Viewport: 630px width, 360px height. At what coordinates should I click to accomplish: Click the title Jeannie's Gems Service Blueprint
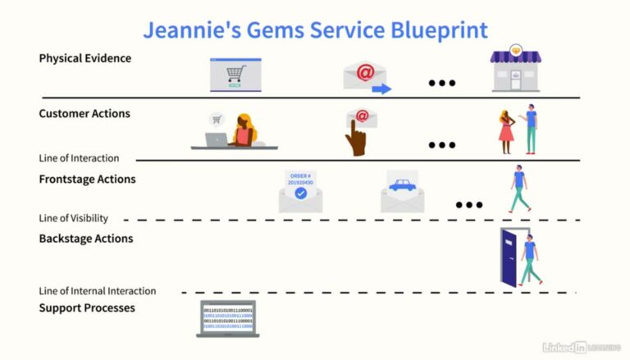pyautogui.click(x=315, y=30)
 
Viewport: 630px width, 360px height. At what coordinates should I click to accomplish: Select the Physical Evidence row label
pyautogui.click(x=85, y=58)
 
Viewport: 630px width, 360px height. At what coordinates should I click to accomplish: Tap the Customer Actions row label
pyautogui.click(x=84, y=114)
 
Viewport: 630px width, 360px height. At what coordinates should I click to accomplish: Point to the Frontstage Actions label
pyautogui.click(x=88, y=179)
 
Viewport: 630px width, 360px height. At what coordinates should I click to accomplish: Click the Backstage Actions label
pyautogui.click(x=86, y=239)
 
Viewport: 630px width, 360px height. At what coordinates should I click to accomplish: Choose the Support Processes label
pyautogui.click(x=87, y=308)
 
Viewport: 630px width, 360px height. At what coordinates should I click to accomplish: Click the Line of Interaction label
pyautogui.click(x=79, y=158)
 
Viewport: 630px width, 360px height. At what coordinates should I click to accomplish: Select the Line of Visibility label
pyautogui.click(x=74, y=219)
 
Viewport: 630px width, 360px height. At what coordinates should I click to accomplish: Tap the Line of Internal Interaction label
pyautogui.click(x=98, y=291)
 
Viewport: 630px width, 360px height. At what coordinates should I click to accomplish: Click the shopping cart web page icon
pyautogui.click(x=235, y=75)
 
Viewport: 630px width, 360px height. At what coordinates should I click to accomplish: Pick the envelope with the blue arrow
pyautogui.click(x=366, y=77)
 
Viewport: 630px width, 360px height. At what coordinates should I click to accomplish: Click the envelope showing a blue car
pyautogui.click(x=402, y=193)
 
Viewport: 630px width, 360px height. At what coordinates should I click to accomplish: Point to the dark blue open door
pyautogui.click(x=511, y=257)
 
